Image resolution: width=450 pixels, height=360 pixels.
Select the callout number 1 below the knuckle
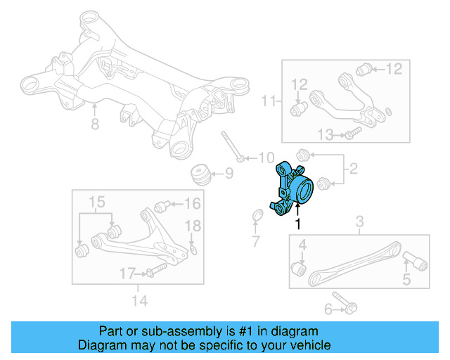pyautogui.click(x=298, y=224)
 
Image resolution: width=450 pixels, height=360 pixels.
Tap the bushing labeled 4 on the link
pyautogui.click(x=298, y=268)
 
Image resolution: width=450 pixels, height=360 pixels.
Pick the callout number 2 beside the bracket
pyautogui.click(x=353, y=169)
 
